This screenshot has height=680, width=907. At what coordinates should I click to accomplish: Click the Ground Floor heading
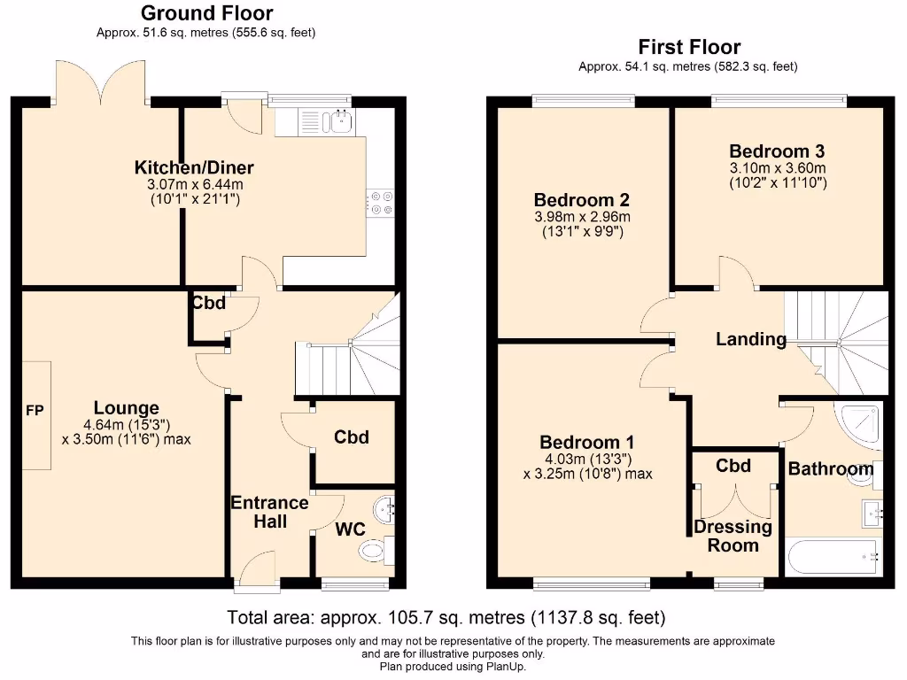click(x=206, y=13)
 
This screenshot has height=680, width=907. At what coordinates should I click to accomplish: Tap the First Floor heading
click(x=688, y=47)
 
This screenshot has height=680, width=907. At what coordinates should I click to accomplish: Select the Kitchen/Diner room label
click(x=194, y=167)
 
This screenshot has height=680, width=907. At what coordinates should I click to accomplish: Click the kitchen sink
click(x=338, y=121)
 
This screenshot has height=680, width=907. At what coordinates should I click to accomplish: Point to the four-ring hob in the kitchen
click(x=381, y=203)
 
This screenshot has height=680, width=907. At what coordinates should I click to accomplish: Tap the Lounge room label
click(x=127, y=408)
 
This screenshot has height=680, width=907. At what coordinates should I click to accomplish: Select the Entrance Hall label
click(x=269, y=512)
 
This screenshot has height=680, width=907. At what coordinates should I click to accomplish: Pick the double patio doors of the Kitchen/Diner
click(x=100, y=82)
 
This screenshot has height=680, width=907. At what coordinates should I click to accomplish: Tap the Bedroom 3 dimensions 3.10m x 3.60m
click(x=777, y=168)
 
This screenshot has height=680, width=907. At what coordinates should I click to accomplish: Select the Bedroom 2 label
click(x=581, y=200)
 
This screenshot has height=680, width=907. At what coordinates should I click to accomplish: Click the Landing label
click(x=750, y=339)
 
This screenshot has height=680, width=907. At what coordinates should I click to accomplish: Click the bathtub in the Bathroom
click(x=833, y=556)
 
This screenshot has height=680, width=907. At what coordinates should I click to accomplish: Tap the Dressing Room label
click(x=733, y=536)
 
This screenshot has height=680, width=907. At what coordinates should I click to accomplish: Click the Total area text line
click(x=446, y=617)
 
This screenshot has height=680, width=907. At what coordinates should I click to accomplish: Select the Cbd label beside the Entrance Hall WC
click(x=351, y=437)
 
